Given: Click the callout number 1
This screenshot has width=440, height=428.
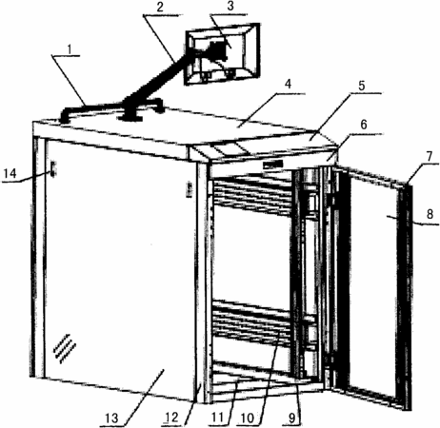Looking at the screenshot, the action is (69, 49).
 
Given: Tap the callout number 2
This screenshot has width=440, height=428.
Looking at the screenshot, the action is (160, 8).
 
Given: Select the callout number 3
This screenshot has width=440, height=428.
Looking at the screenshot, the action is (230, 7).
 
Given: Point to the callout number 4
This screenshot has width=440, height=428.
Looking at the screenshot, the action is (288, 85).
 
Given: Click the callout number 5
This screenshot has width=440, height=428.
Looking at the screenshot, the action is (362, 86).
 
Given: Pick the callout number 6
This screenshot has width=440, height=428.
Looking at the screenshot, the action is (364, 125).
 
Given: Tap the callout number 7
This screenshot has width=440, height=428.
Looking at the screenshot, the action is (429, 156).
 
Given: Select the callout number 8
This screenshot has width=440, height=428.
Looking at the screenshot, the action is (430, 214).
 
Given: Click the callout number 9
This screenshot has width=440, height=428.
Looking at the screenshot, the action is (291, 418).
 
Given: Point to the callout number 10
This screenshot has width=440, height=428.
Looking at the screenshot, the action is (248, 418).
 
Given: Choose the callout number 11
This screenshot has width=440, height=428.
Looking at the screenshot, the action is (217, 418).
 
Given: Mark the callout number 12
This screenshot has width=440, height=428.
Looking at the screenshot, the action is (171, 418).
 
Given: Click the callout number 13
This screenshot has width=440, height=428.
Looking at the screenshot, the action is (111, 418).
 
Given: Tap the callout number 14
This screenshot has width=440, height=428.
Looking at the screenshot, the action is (10, 173).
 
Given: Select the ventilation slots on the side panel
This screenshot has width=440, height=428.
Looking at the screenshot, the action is (65, 348).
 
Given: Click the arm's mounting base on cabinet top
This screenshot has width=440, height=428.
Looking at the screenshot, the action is (130, 118).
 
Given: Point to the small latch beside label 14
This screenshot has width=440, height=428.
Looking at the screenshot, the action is (52, 168).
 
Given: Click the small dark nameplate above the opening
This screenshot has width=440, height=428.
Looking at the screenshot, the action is (272, 165).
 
